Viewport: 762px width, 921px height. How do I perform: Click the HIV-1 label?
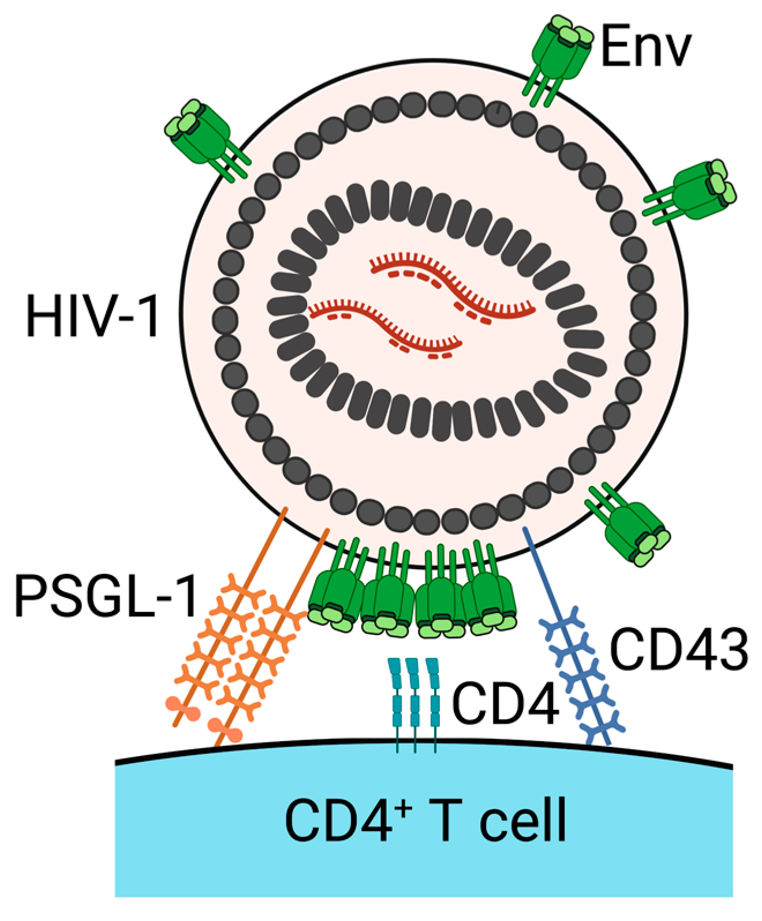pyautogui.click(x=92, y=316)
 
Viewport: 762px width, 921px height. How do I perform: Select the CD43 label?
pyautogui.click(x=679, y=649)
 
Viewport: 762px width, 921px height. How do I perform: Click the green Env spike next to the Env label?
pyautogui.click(x=557, y=55)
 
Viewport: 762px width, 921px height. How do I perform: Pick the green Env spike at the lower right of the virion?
pyautogui.click(x=632, y=528)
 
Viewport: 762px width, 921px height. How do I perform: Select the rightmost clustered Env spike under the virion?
pyautogui.click(x=491, y=603)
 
